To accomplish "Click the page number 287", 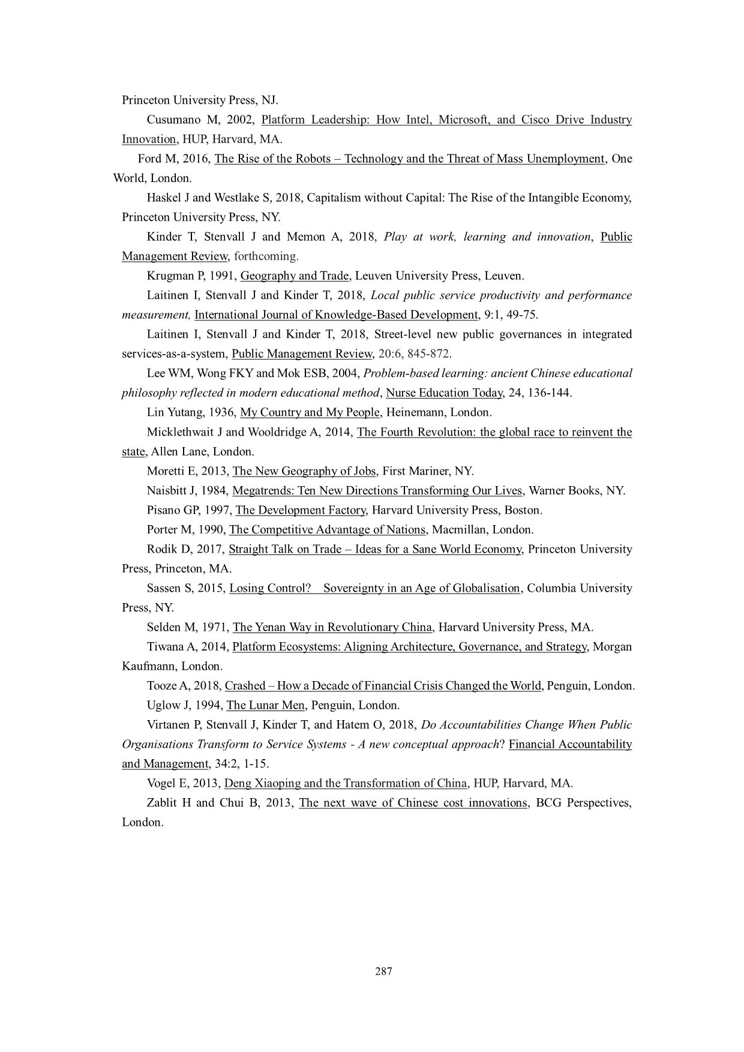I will (x=383, y=972).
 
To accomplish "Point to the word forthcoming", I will (x=265, y=257).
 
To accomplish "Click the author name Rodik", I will (x=161, y=550).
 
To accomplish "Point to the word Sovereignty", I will (x=353, y=589).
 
